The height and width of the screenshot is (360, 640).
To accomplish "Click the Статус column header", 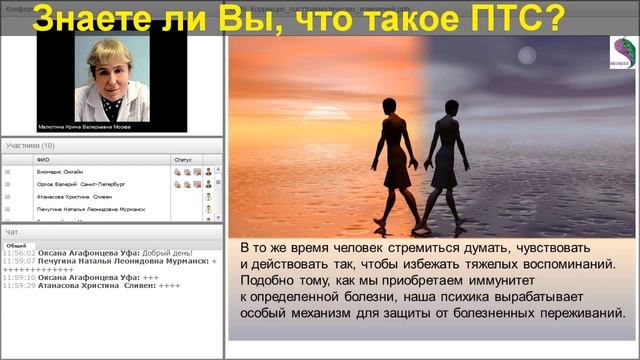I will [x=183, y=159].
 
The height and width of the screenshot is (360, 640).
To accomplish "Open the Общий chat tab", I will [x=16, y=245].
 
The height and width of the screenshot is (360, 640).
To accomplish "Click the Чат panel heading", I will [x=12, y=231].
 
